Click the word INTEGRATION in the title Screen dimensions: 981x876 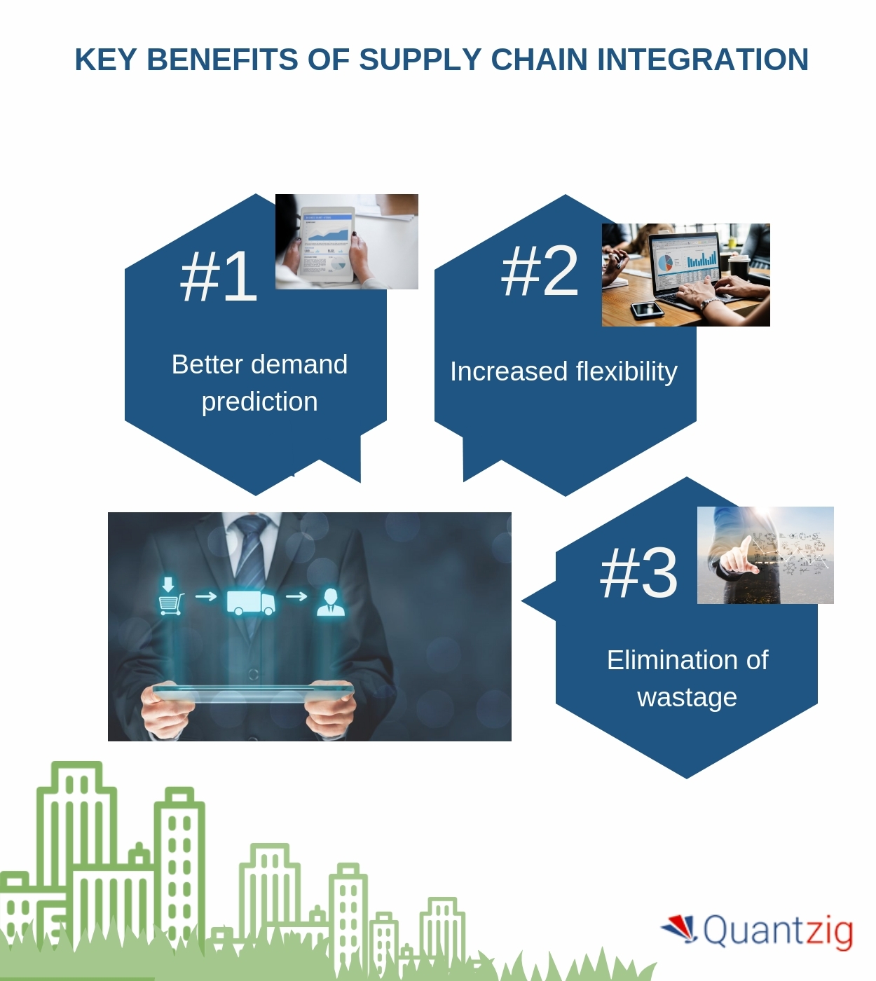pos(703,60)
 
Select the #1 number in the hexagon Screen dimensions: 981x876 pos(219,277)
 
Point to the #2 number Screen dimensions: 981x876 pos(540,272)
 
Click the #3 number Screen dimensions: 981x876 pos(638,574)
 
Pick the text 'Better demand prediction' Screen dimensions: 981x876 pos(259,383)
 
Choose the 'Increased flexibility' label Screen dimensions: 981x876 pos(563,371)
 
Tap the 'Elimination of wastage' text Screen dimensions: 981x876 pos(687,678)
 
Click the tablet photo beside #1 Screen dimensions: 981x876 pos(347,242)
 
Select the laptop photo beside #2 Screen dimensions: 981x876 pos(685,275)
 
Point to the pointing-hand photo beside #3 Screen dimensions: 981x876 pos(765,555)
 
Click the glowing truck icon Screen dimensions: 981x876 pos(250,601)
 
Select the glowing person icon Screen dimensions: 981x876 pos(330,601)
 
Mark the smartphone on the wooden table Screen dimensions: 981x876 pos(646,310)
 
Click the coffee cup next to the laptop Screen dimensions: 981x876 pos(739,268)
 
